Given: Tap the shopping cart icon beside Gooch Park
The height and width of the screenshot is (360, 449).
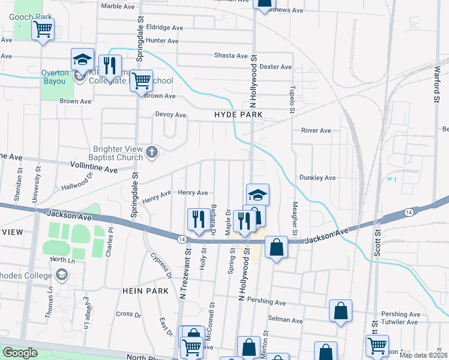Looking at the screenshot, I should coord(43,29).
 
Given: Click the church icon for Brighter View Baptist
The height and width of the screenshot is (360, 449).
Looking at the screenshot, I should coord(152,152).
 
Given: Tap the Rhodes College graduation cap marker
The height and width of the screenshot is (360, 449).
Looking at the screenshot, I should coord(61,275).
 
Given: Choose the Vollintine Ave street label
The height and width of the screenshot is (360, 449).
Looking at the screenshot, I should coord(94,170).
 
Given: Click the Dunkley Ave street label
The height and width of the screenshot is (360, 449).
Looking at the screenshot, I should coord(318,178).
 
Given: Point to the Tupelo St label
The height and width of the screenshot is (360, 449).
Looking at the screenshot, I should coord(293,97).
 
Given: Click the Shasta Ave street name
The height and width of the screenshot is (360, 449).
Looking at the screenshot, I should coord(231,56).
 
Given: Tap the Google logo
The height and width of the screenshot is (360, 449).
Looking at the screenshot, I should coord(20,353).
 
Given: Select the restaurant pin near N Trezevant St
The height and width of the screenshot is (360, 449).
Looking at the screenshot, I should coord(197,220).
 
